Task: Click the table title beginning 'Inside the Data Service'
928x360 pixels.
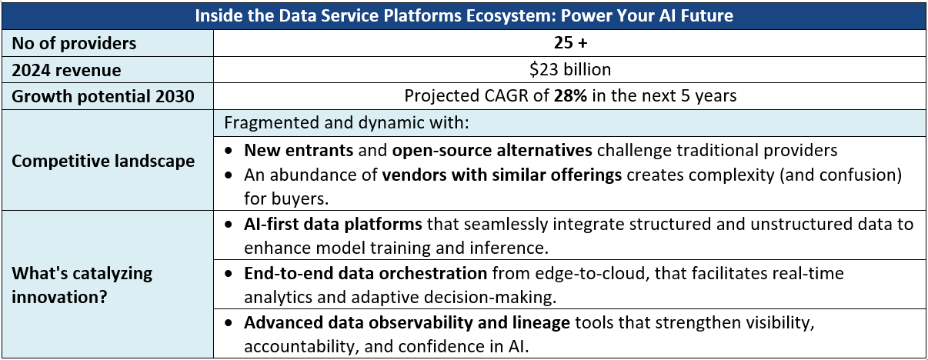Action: point(464,15)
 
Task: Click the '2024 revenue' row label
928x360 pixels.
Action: point(66,70)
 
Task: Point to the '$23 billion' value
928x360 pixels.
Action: point(570,70)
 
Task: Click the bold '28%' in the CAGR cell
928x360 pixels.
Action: point(569,96)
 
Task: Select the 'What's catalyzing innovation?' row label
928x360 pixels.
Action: point(82,283)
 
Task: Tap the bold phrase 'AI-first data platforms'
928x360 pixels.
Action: point(333,225)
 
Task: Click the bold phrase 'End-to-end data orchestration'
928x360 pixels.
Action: point(366,273)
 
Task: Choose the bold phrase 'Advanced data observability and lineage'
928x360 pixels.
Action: point(407,323)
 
